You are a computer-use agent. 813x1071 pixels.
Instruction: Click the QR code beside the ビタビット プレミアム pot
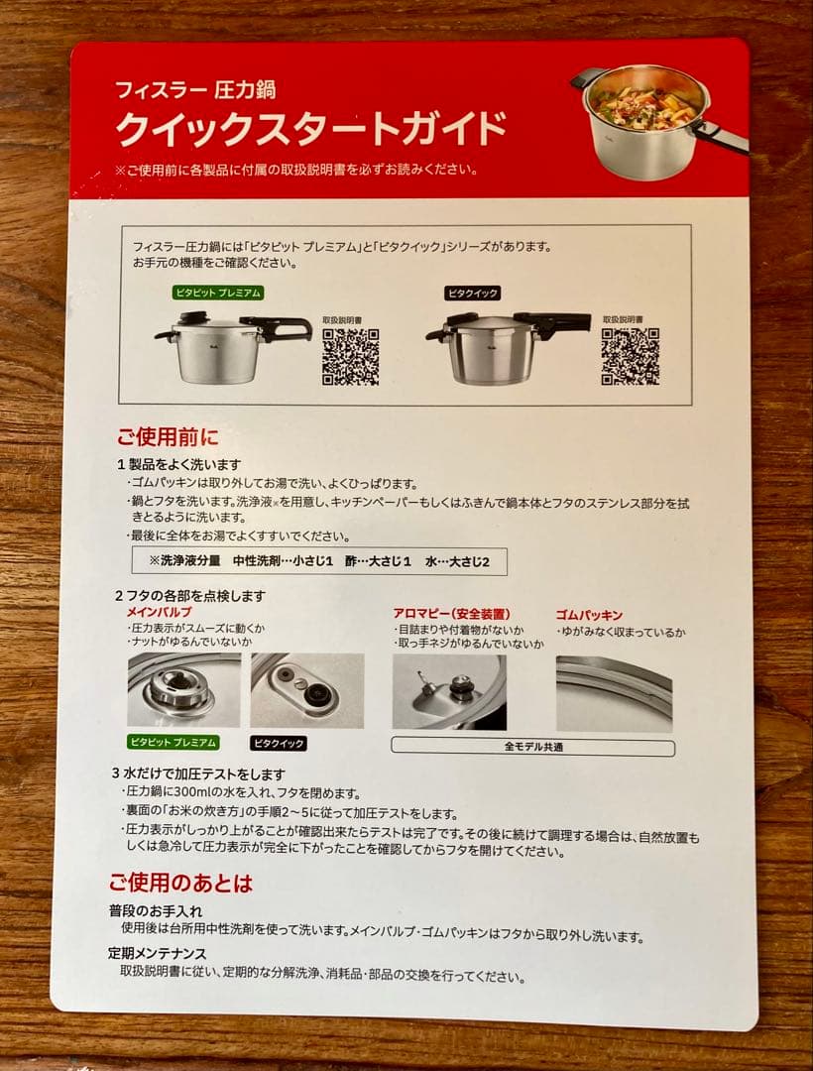point(350,356)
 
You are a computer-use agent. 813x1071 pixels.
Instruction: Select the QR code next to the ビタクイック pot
point(630,356)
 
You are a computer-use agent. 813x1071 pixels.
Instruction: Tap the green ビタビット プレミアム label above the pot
point(218,293)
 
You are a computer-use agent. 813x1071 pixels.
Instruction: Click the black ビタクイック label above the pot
point(472,293)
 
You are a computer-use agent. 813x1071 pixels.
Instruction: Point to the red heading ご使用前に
point(168,436)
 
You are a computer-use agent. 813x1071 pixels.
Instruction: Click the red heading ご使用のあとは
point(180,883)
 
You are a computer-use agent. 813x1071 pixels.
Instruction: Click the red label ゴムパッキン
point(589,615)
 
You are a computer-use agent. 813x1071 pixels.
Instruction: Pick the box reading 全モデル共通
point(532,747)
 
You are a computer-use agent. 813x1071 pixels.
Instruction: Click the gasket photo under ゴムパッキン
point(614,691)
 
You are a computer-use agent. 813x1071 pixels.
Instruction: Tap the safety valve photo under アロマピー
point(449,691)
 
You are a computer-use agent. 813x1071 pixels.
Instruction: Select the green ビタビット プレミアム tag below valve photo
point(173,742)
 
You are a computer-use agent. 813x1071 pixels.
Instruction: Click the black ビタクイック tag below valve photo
point(279,743)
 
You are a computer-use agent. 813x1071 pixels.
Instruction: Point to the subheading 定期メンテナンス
point(158,955)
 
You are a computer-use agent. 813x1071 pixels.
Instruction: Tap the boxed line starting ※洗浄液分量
point(319,561)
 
